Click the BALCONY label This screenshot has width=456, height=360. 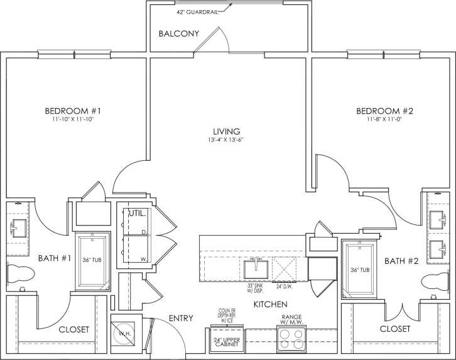tap(179, 33)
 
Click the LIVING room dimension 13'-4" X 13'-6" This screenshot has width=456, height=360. tap(227, 139)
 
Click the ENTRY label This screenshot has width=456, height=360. tap(181, 319)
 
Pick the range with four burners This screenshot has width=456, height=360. tap(291, 339)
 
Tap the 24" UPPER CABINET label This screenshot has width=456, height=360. tap(224, 342)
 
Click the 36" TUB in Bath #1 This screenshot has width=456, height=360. tap(93, 261)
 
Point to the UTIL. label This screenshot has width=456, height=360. tap(138, 214)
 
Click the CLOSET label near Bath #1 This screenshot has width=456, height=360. tap(73, 329)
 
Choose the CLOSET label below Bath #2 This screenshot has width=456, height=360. tap(395, 329)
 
